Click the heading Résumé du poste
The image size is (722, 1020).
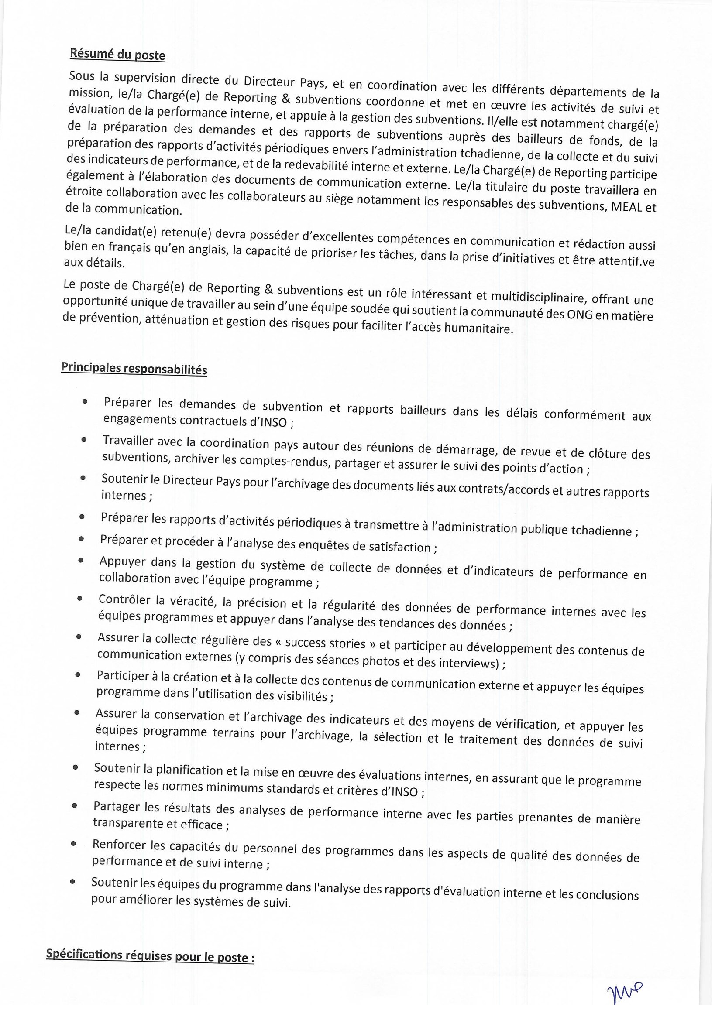(x=117, y=55)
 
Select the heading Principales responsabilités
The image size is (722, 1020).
(x=134, y=369)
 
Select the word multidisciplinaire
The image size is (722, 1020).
(x=511, y=297)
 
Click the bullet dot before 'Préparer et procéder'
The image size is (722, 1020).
(x=81, y=539)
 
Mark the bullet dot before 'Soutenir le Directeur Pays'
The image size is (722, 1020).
(x=83, y=478)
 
